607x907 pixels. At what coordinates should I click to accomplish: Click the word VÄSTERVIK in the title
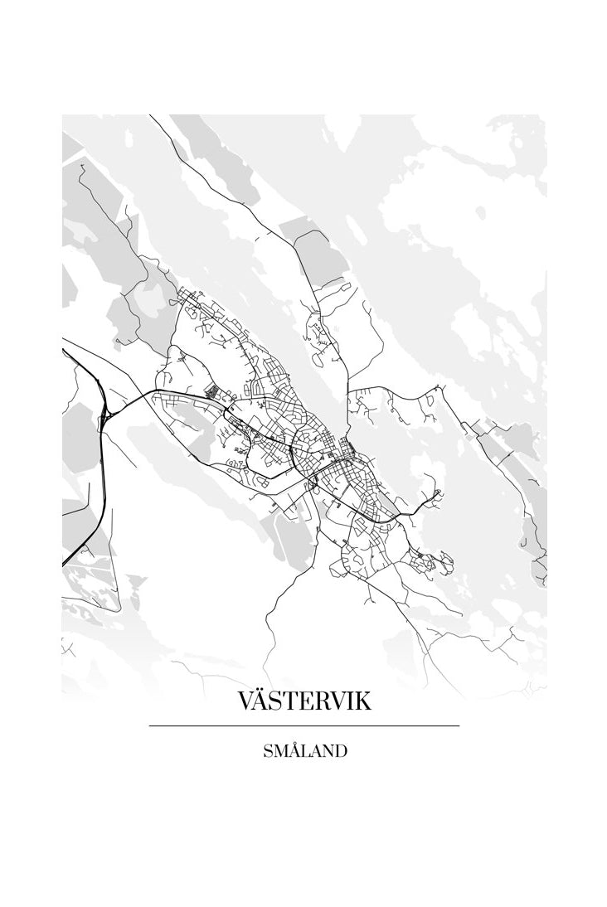[304, 701]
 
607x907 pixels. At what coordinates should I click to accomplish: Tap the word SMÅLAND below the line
[304, 752]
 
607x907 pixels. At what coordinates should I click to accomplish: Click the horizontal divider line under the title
[304, 726]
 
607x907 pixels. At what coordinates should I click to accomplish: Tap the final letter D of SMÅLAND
[340, 752]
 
